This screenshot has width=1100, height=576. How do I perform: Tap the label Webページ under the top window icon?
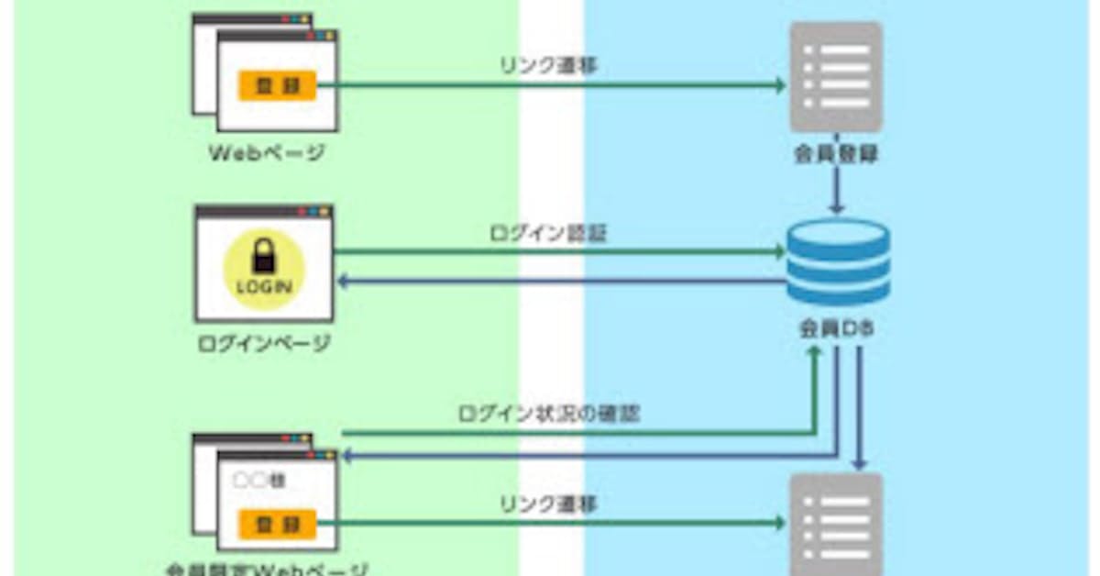point(265,153)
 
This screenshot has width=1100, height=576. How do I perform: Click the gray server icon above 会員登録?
point(835,78)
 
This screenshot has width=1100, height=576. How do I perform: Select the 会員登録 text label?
point(835,154)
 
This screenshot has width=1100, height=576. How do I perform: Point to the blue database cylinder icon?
point(838,261)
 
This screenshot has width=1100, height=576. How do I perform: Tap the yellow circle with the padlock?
point(264,269)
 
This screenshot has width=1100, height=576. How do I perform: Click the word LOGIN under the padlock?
point(264,287)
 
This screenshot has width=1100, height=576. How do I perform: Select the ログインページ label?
point(264,344)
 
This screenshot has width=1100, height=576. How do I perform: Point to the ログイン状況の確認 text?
point(548,414)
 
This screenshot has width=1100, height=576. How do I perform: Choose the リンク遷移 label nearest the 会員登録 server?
point(548,67)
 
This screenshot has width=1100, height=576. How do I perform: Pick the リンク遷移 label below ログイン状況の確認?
point(548,504)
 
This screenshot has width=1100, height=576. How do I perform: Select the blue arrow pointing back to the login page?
point(559,281)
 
